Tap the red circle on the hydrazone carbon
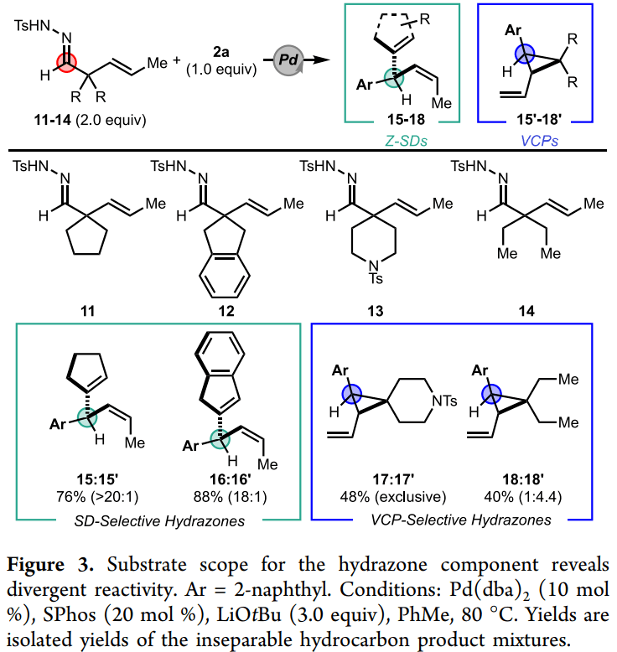click(x=68, y=60)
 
